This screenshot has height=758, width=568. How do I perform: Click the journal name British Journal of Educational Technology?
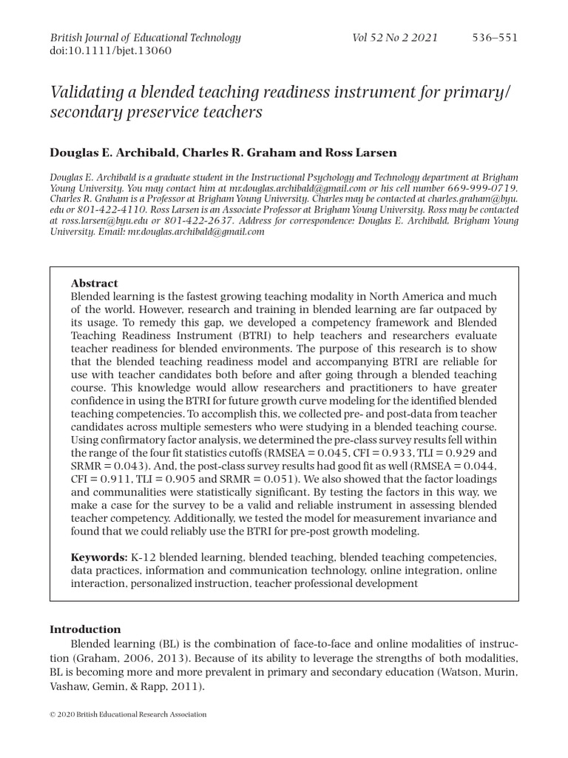(x=145, y=37)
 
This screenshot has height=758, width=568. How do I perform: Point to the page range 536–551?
(x=495, y=37)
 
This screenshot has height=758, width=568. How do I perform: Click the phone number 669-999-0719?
(x=483, y=189)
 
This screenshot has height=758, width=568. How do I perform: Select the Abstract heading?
(x=94, y=283)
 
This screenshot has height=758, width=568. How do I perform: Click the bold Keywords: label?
(x=99, y=557)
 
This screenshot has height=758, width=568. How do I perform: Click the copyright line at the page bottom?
(x=128, y=714)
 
